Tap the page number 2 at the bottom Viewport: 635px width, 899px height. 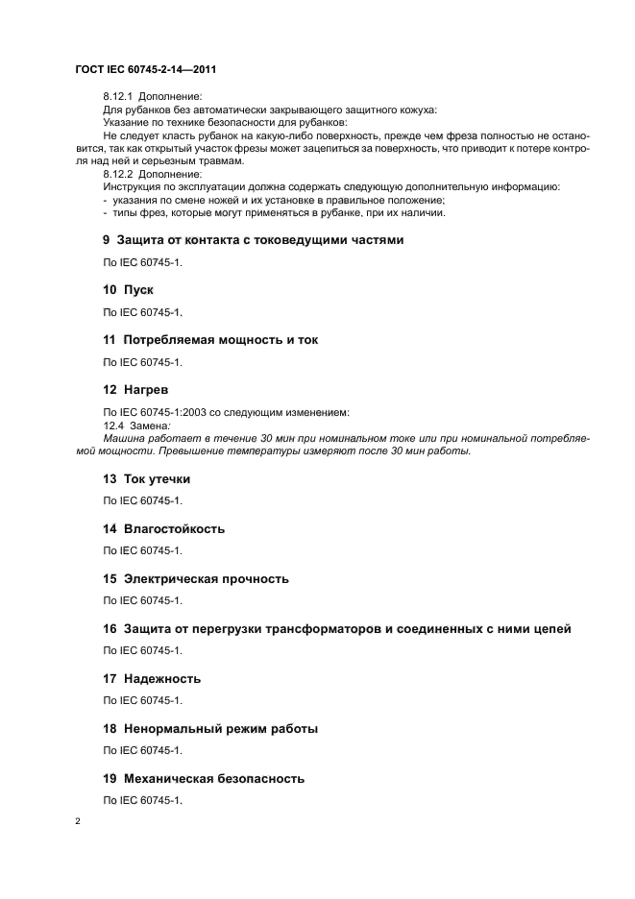pos(78,822)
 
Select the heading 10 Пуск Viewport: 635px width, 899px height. pos(129,289)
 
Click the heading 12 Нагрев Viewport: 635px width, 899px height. pos(135,390)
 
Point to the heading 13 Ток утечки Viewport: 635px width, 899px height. pos(147,478)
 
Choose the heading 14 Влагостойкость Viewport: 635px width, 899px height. pos(163,528)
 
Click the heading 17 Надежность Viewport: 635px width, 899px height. pos(152,678)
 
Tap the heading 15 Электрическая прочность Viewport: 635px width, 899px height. pos(196,578)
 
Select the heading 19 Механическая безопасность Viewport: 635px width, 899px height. pos(204,778)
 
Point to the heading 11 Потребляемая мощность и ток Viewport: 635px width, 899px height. pos(210,339)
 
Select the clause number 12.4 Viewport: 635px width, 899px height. pos(113,425)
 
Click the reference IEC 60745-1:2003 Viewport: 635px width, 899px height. pos(163,412)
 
